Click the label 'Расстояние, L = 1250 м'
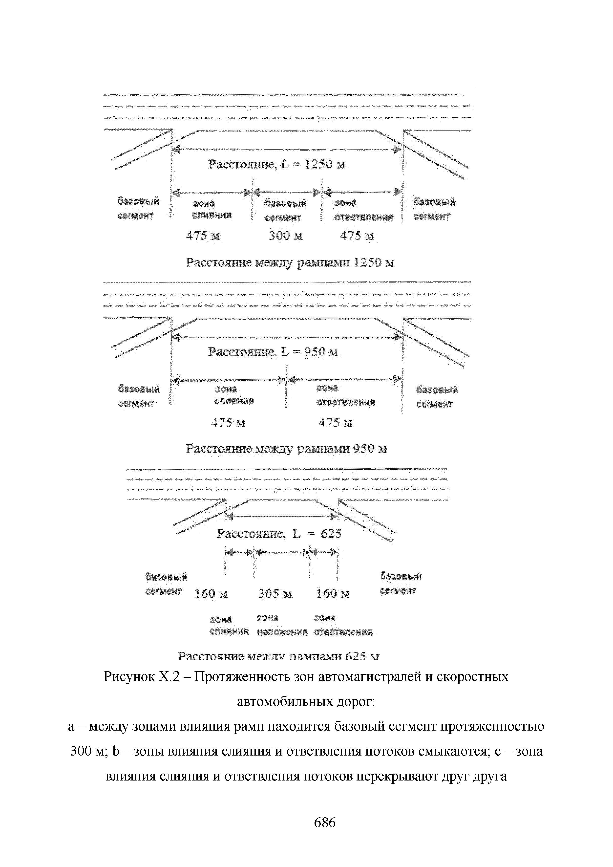277,165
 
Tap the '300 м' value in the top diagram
286,236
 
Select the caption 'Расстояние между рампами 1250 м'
290,262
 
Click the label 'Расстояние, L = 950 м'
273,352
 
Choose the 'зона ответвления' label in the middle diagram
346,395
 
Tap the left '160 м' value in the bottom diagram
211,594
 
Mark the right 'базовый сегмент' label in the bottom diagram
400,584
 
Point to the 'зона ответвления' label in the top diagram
363,210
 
